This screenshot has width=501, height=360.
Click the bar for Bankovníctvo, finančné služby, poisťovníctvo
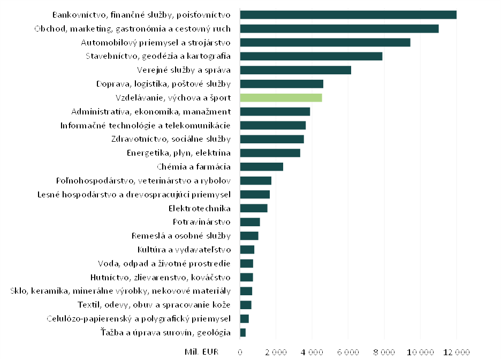[x=348, y=14]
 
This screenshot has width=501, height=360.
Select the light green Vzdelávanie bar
[x=281, y=97]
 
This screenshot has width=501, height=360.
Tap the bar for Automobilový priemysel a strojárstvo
[x=325, y=42]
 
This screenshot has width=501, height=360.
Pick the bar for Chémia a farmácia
[x=261, y=166]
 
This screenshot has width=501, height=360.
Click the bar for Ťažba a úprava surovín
[x=243, y=333]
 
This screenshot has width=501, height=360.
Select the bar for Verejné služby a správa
[x=295, y=70]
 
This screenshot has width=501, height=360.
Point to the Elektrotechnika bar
[x=254, y=208]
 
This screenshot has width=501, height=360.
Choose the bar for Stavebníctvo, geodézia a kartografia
[x=311, y=56]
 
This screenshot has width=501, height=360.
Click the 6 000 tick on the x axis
[x=348, y=352]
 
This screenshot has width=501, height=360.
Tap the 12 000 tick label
[x=456, y=352]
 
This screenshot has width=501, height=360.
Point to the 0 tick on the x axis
[x=240, y=352]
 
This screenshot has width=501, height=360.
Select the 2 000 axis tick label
[x=276, y=352]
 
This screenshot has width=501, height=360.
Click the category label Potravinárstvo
[x=201, y=222]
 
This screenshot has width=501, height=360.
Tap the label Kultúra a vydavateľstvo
[x=184, y=249]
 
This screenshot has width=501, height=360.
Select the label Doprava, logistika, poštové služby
[x=163, y=84]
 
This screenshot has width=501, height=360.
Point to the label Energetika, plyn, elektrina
[x=178, y=153]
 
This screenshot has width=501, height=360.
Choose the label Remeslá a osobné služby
[x=181, y=236]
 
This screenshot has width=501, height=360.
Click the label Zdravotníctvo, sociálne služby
[x=171, y=139]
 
